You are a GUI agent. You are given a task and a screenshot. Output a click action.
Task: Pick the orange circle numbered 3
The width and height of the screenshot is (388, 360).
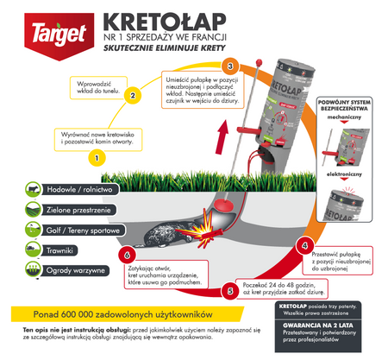point(229,66)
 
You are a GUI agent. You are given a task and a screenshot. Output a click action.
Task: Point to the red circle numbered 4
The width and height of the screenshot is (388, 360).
point(301,245)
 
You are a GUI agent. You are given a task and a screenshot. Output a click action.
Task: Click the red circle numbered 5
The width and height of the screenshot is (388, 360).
point(228,291)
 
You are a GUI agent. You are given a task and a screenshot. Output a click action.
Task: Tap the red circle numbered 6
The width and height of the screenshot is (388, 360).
point(128,256)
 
